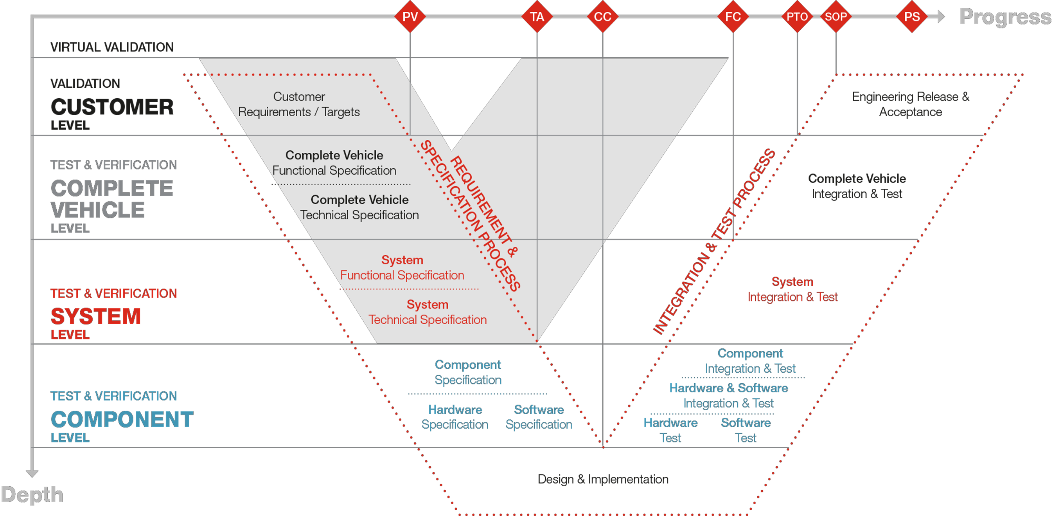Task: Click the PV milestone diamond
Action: click(x=410, y=17)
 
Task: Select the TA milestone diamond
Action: click(x=537, y=17)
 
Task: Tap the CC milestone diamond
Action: click(x=602, y=17)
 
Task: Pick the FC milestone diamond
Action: click(x=733, y=17)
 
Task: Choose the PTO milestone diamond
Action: click(x=797, y=17)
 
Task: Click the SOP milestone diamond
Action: click(x=836, y=17)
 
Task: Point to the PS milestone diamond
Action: click(x=912, y=17)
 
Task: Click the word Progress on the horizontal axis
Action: click(x=1005, y=17)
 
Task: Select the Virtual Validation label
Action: click(x=112, y=47)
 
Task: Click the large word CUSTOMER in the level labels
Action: click(x=112, y=107)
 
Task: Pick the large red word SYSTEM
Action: click(x=96, y=316)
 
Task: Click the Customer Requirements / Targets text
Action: click(x=299, y=105)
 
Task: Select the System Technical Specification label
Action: click(x=428, y=312)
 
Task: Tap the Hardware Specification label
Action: click(x=455, y=417)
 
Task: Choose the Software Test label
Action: click(x=746, y=430)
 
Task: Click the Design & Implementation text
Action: click(x=603, y=479)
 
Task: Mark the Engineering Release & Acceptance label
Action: click(x=910, y=105)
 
